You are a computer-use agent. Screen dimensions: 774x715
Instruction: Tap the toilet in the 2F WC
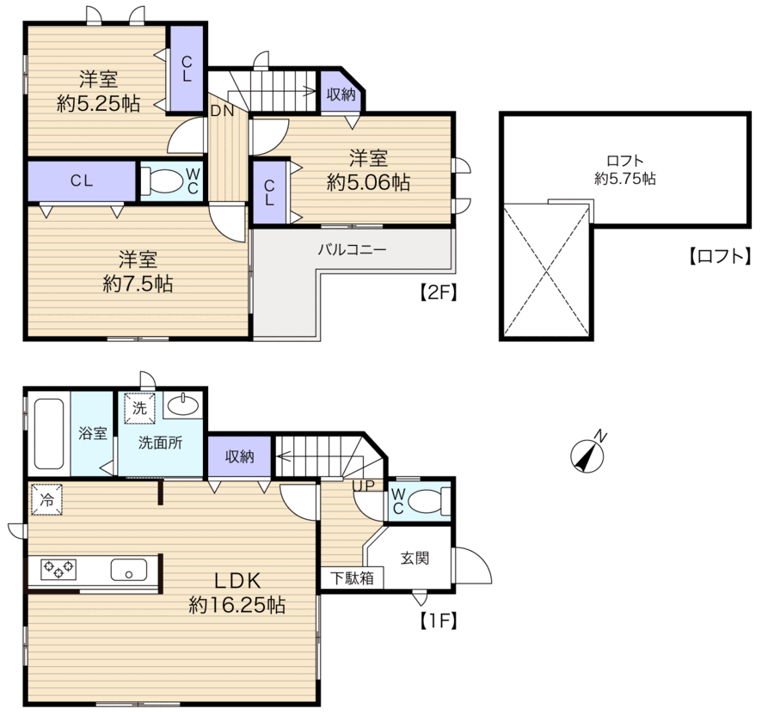pos(162,181)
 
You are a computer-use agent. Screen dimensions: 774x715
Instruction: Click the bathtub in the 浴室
pos(49,433)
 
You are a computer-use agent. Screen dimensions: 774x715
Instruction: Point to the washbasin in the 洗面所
pos(183,406)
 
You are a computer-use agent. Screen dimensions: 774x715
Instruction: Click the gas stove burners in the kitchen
pos(58,569)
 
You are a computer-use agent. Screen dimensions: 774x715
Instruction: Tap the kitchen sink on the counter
pos(128,570)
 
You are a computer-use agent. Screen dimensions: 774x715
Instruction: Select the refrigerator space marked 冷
pos(47,500)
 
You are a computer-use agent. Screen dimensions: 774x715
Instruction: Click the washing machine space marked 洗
pos(139,408)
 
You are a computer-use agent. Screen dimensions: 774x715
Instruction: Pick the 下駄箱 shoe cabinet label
pos(352,577)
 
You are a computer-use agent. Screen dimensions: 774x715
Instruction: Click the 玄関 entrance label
pos(415,559)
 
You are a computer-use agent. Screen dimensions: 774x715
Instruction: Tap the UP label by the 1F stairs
pos(364,486)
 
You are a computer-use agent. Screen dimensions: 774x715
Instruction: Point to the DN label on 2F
pos(222,111)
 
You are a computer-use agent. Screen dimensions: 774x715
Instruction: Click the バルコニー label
pos(352,249)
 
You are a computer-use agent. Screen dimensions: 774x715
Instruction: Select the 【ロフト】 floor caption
pos(720,256)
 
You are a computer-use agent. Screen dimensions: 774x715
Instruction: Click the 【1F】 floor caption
pos(439,621)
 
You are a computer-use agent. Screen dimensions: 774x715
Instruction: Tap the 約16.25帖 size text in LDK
pos(237,605)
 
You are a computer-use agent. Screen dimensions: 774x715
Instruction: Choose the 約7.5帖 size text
pos(138,284)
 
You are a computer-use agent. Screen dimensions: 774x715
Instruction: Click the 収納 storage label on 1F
pos(239,456)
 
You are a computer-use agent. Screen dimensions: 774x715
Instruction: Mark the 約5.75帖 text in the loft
pos(625,178)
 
